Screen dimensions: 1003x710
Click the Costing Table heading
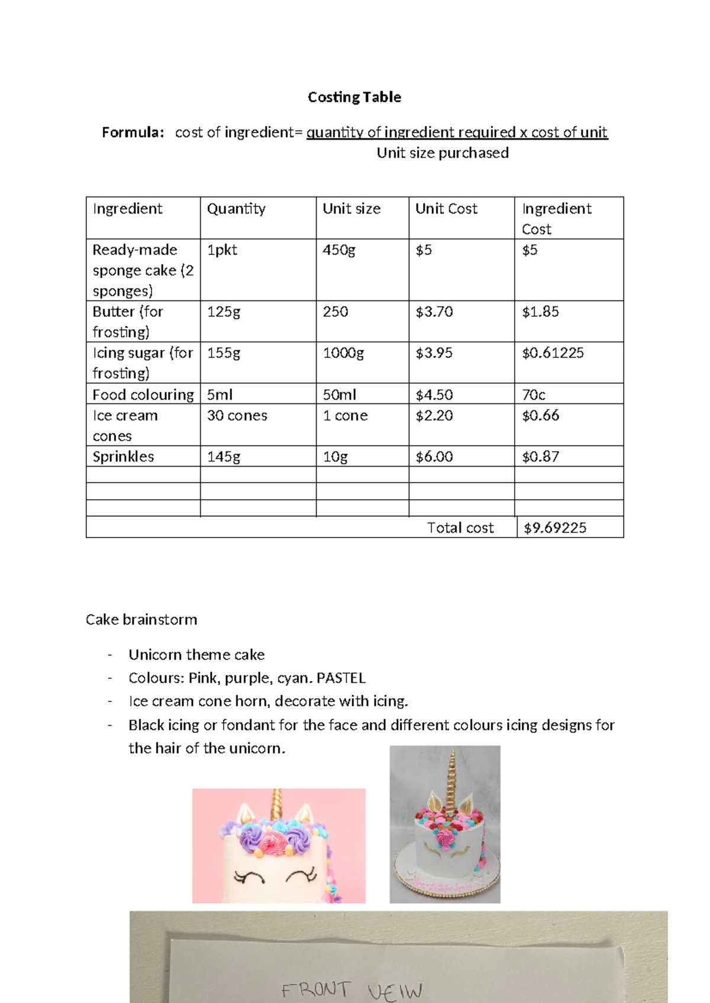354,97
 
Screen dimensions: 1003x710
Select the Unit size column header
351,209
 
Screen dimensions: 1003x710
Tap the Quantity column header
236,209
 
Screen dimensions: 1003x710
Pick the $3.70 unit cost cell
434,312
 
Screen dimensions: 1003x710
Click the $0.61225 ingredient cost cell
553,353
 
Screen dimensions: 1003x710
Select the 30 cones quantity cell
237,416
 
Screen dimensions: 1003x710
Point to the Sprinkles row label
123,457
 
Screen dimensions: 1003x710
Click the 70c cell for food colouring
534,394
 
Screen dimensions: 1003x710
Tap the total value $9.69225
555,528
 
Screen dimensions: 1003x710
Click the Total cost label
460,528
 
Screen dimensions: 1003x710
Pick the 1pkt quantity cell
222,250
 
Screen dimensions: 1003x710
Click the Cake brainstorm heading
141,620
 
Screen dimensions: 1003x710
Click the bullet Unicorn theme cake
196,655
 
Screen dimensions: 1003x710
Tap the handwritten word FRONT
316,990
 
